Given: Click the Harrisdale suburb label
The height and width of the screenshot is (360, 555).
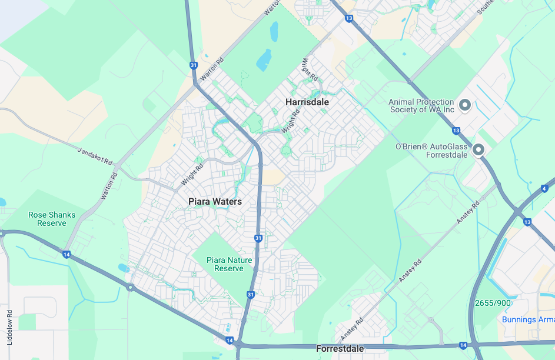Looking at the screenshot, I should (x=307, y=102).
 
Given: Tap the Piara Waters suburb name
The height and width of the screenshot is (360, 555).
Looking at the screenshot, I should (x=215, y=202).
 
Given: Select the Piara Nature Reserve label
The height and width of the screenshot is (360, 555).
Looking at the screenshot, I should (x=229, y=264).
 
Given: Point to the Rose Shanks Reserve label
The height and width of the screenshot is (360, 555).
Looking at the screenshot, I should (x=52, y=219).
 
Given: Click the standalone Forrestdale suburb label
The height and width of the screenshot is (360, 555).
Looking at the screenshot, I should (x=340, y=349).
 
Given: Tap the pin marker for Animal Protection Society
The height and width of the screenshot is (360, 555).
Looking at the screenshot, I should (x=465, y=105).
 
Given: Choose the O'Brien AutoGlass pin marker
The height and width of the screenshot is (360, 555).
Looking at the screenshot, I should (x=478, y=150).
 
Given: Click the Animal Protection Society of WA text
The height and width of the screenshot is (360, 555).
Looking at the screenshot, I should (x=421, y=106).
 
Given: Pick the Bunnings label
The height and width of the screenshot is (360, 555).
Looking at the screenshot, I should (x=528, y=319).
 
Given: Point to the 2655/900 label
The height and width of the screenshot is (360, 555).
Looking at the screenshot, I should (x=493, y=303).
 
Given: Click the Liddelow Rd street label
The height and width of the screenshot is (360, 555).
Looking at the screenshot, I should (x=9, y=327).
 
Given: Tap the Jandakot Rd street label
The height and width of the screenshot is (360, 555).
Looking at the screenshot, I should (x=95, y=156).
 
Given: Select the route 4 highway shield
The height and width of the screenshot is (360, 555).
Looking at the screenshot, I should (x=544, y=189).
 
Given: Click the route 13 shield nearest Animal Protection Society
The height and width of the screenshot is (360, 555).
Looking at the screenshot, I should (x=456, y=130).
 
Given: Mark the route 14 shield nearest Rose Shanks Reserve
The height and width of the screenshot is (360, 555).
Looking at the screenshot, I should (x=67, y=254).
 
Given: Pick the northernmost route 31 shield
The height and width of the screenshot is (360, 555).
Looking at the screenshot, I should (x=194, y=65).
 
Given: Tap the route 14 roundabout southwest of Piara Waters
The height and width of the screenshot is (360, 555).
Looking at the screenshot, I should (x=130, y=288).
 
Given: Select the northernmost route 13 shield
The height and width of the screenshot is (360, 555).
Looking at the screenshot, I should (x=350, y=19).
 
